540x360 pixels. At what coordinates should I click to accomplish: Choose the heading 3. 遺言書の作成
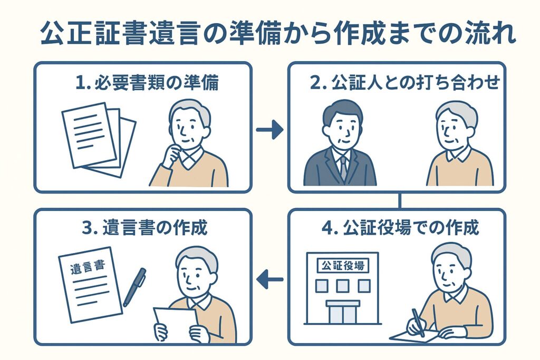(146, 228)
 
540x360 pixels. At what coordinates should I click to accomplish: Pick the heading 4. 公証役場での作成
(399, 228)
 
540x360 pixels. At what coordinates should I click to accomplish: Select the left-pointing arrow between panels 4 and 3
(269, 279)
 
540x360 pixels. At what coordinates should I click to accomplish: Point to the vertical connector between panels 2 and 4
(400, 201)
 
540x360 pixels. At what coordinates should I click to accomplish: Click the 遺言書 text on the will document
(86, 268)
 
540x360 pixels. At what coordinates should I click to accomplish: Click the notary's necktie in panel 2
(343, 168)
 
